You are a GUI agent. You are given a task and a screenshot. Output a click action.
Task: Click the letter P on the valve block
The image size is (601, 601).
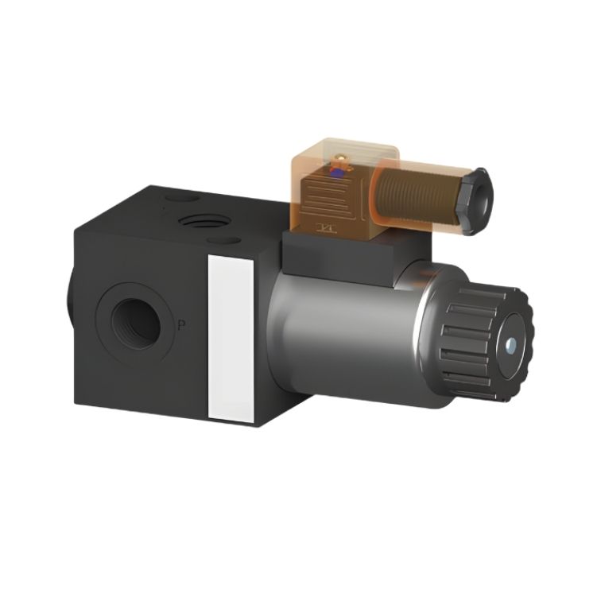pyautogui.click(x=181, y=325)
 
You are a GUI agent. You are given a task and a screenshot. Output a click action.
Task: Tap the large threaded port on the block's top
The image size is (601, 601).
pyautogui.click(x=204, y=221)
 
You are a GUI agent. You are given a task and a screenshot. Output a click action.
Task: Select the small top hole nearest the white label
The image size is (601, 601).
pyautogui.click(x=223, y=241)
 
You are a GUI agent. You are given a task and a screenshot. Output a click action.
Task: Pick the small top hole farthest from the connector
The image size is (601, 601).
pyautogui.click(x=182, y=198)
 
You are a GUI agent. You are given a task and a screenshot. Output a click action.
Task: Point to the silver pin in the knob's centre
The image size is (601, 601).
pyautogui.click(x=510, y=345)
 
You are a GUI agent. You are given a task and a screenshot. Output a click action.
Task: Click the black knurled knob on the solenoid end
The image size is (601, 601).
pyautogui.click(x=487, y=343)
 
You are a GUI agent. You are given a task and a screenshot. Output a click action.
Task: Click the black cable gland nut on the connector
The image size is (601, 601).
pyautogui.click(x=478, y=201)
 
